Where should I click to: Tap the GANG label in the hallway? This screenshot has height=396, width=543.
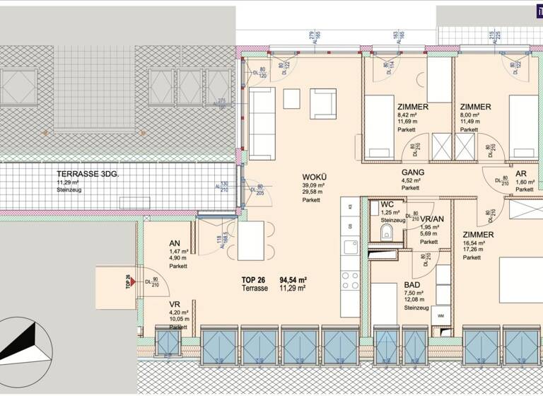pyautogui.click(x=412, y=172)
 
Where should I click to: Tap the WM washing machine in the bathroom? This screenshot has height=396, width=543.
pyautogui.click(x=442, y=315)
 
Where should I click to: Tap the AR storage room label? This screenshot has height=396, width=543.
pyautogui.click(x=520, y=173)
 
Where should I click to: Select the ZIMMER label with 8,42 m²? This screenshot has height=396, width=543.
pyautogui.click(x=414, y=107)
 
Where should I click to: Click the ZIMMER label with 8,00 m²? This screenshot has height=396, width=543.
pyautogui.click(x=474, y=107)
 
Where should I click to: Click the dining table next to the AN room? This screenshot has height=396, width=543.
pyautogui.click(x=251, y=240)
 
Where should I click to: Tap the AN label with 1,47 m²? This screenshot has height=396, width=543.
pyautogui.click(x=174, y=243)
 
